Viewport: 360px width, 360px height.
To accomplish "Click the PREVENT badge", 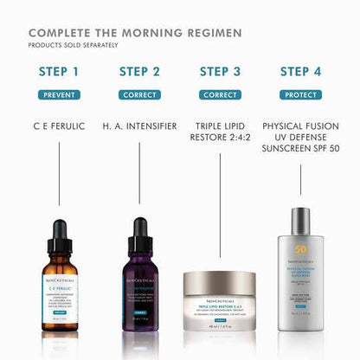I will (59, 95).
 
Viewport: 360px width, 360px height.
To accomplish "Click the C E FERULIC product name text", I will (59, 126).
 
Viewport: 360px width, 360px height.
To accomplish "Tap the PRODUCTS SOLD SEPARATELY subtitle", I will (74, 45).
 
